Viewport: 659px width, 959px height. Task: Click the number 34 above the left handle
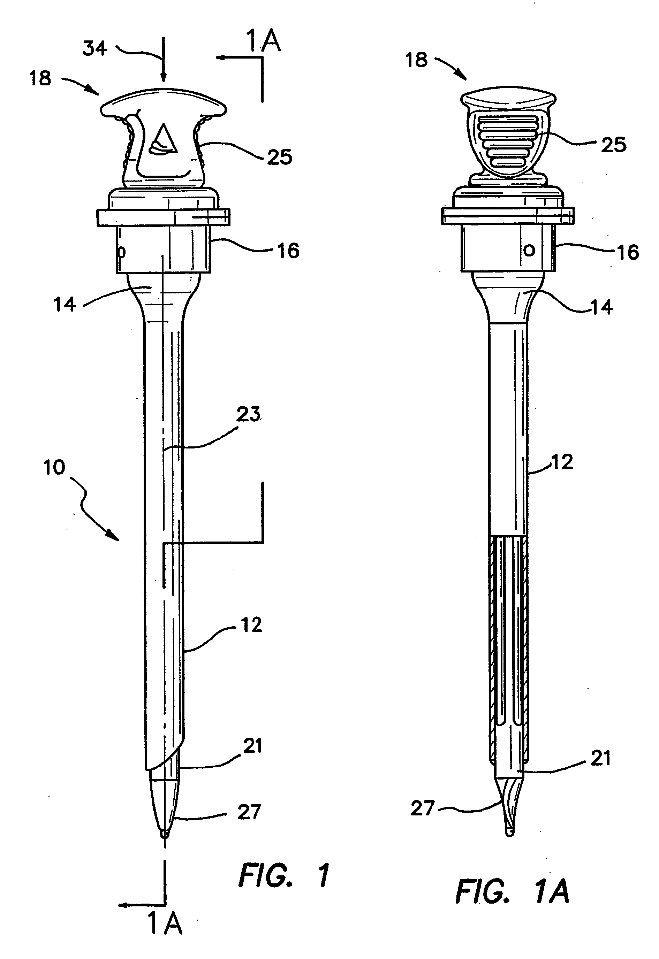(95, 49)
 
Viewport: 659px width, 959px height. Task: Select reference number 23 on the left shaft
(248, 414)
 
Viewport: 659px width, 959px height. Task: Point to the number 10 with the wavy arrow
(54, 468)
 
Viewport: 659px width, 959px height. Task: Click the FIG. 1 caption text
(284, 876)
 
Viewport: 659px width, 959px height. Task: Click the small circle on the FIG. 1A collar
(529, 250)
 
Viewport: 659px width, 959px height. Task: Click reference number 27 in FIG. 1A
(422, 808)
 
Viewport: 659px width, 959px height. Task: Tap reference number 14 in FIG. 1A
(601, 307)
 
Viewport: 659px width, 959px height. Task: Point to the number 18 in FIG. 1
(40, 78)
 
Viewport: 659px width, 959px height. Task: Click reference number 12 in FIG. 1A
(562, 462)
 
